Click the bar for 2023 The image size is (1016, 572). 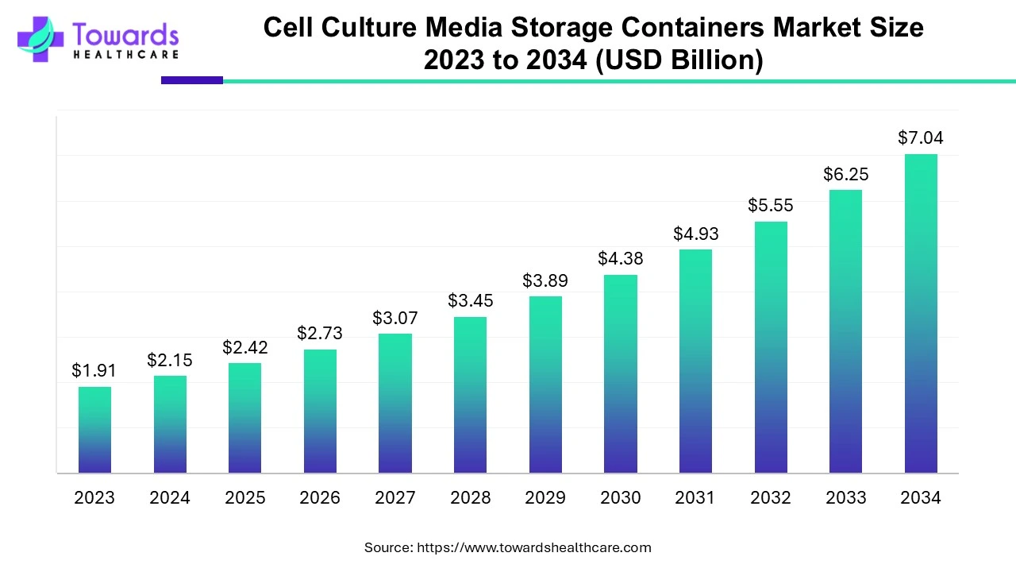[94, 430]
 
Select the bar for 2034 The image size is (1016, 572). [921, 314]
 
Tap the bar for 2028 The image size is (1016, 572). [470, 395]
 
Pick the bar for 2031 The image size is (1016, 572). [695, 361]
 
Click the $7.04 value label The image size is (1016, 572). [921, 138]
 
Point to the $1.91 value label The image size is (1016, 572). [94, 370]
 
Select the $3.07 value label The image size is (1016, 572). [395, 318]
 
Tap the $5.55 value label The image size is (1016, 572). [770, 206]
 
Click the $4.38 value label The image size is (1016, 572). [621, 258]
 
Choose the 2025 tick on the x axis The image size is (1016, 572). [245, 498]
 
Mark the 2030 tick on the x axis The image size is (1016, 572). [621, 498]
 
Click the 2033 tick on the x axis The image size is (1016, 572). [845, 498]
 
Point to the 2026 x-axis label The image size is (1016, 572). [320, 498]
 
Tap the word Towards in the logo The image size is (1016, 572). [125, 34]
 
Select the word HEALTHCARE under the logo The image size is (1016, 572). [125, 55]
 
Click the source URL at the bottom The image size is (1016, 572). [533, 547]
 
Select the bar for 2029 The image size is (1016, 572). [545, 385]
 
